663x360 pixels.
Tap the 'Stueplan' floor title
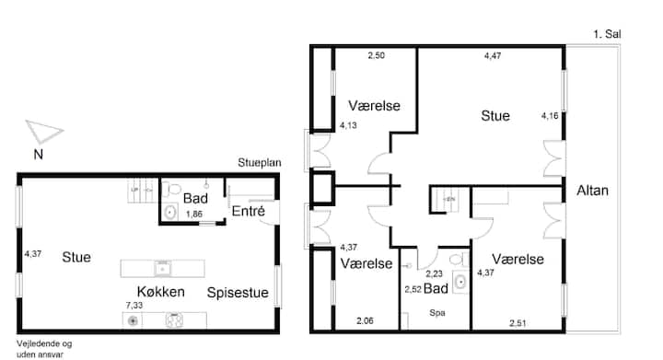tap(259, 163)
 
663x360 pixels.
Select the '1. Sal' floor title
tap(607, 34)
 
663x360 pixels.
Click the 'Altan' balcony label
tap(592, 191)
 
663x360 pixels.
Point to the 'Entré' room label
tap(249, 211)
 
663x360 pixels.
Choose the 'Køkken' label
tap(160, 292)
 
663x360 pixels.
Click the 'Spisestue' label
tap(238, 293)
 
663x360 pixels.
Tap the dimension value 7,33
tap(134, 305)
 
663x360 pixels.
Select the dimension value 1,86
tap(194, 215)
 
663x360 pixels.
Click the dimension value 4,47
tap(493, 55)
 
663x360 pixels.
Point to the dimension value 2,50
tap(376, 55)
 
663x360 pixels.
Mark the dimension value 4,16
tap(550, 116)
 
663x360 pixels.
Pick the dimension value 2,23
tap(434, 273)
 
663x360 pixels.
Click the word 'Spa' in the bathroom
tap(437, 313)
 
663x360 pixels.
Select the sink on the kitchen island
tap(162, 268)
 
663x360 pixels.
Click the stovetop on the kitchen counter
tap(174, 320)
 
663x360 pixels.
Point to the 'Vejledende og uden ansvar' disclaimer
tap(44, 349)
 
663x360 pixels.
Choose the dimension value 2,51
tap(518, 323)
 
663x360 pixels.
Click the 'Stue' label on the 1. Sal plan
tap(495, 116)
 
